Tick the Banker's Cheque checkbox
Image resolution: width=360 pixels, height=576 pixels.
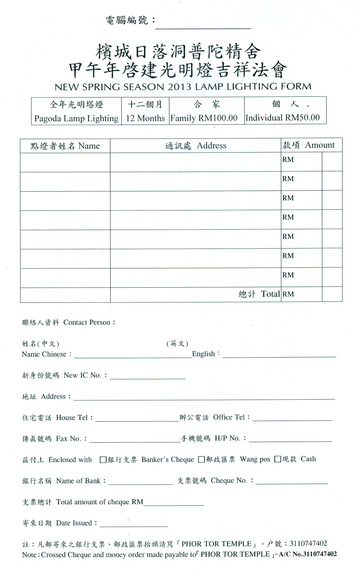(x=103, y=460)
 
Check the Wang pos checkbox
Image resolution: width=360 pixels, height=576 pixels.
(x=202, y=459)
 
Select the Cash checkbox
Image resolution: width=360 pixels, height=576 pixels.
(x=278, y=459)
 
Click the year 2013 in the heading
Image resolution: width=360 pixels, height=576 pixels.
(x=179, y=87)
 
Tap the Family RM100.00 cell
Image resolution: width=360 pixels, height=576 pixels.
(x=204, y=118)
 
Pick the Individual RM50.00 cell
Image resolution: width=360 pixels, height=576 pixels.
(x=283, y=118)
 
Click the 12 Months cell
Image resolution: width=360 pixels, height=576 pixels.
(x=145, y=118)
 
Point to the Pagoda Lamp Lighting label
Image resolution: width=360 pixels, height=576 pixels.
(x=76, y=118)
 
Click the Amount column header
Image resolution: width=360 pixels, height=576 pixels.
(x=319, y=145)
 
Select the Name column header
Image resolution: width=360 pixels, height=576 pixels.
(x=89, y=146)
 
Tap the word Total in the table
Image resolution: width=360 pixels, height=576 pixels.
(x=270, y=294)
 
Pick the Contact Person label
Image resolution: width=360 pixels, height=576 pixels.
(x=87, y=322)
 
